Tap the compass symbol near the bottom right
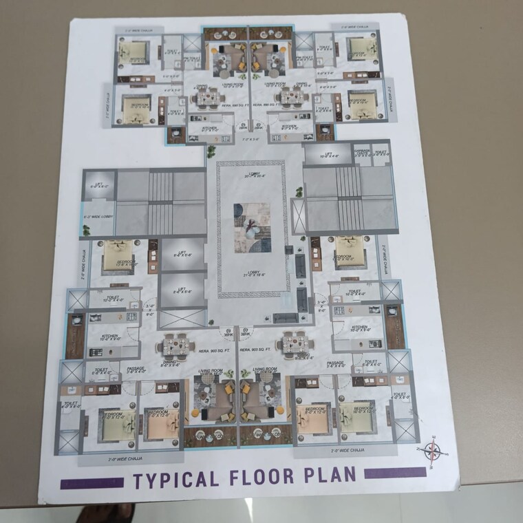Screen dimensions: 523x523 433,451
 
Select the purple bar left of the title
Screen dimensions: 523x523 92,483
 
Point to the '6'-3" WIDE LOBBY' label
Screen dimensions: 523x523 98,217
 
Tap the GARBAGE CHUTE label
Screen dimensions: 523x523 363,153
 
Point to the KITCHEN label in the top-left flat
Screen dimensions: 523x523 209,129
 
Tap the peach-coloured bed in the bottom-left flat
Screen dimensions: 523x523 160,421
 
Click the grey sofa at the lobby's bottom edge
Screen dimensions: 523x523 286,318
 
